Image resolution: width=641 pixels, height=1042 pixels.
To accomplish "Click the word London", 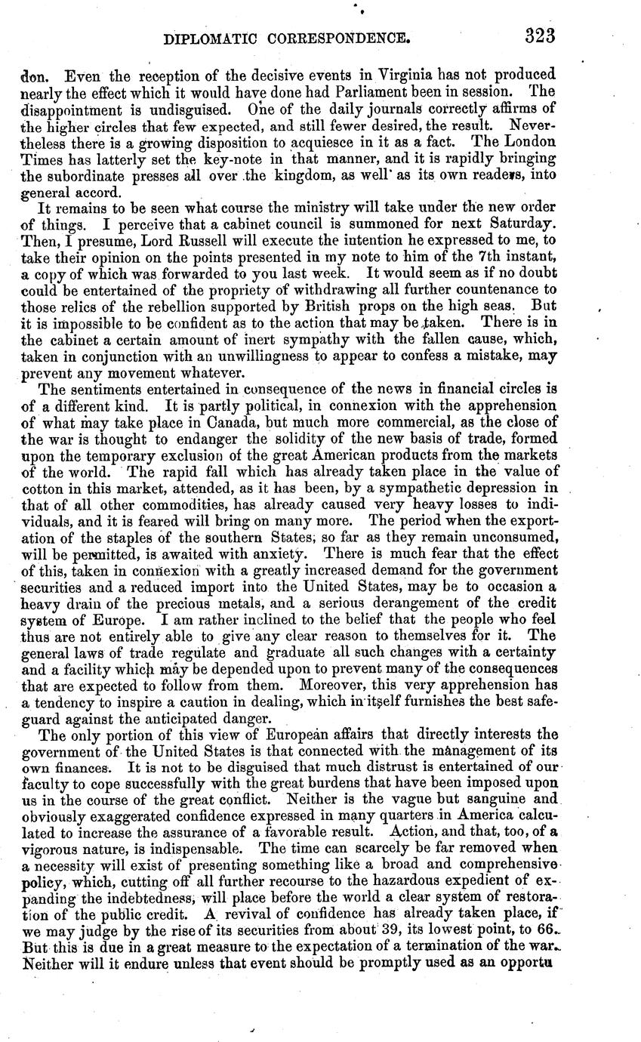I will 529,142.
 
